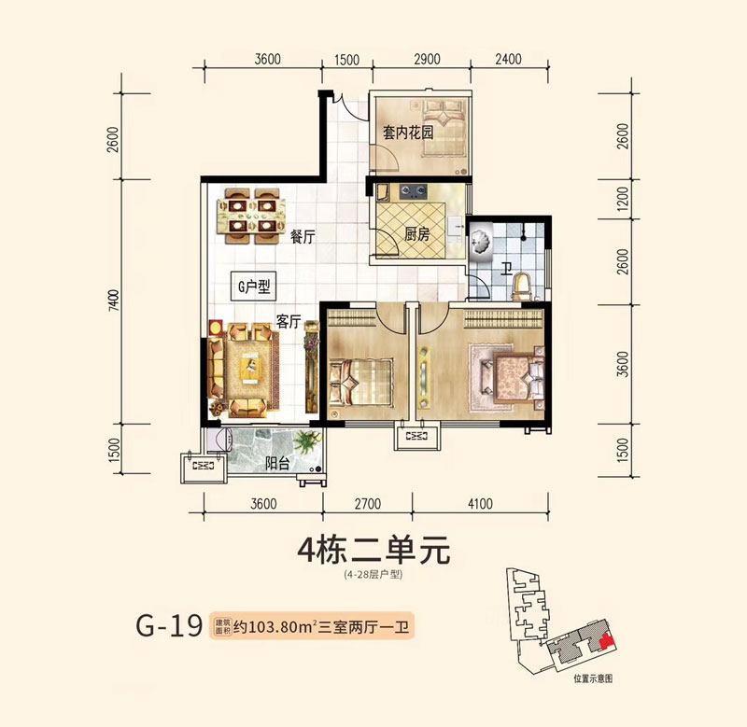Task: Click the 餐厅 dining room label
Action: (x=301, y=237)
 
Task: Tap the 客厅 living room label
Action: (x=288, y=322)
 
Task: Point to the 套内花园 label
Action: (x=407, y=133)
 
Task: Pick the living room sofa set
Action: (x=245, y=368)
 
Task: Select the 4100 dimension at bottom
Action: (x=477, y=506)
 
